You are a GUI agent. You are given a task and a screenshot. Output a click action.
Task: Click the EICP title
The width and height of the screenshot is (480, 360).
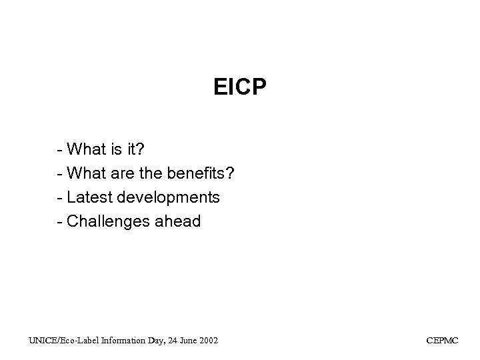pyautogui.click(x=240, y=87)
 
